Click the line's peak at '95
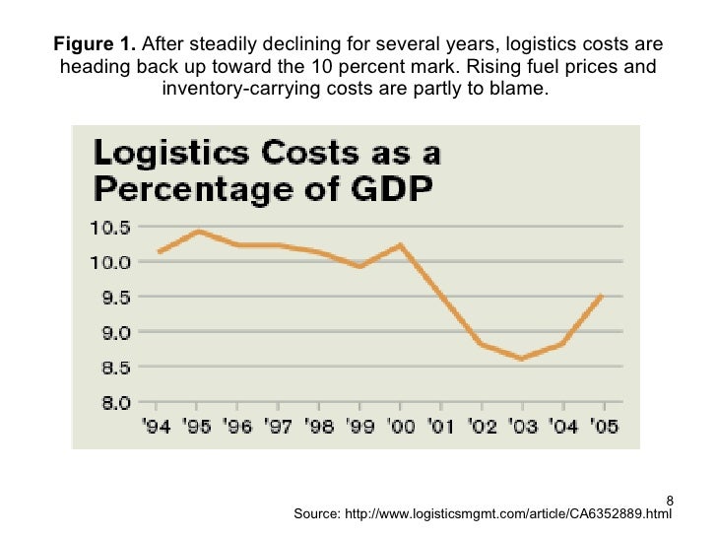click(x=198, y=232)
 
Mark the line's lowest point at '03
click(x=521, y=359)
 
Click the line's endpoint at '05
click(x=602, y=296)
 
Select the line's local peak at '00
click(x=400, y=245)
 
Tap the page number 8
click(x=669, y=500)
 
